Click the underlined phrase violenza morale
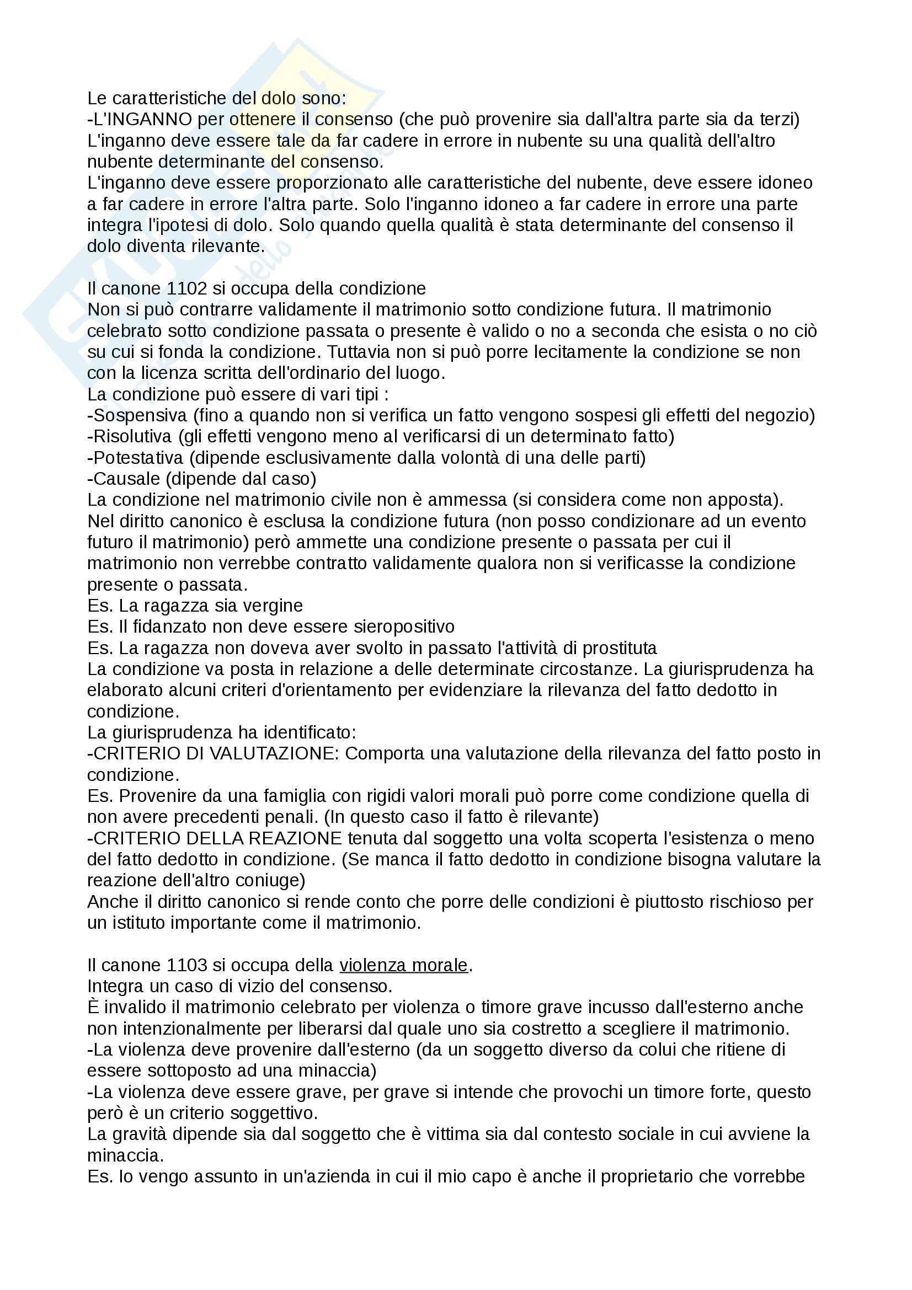point(403,965)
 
